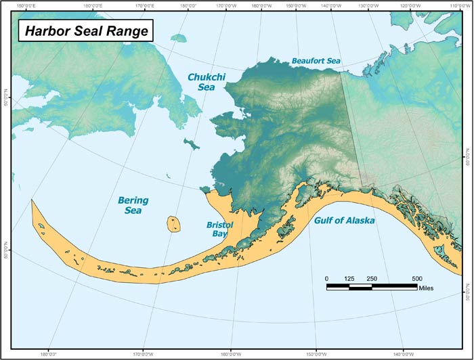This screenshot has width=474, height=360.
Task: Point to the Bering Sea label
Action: click(x=133, y=206)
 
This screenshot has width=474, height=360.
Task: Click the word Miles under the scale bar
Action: click(x=426, y=288)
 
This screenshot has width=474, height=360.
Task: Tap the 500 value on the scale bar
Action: click(x=416, y=278)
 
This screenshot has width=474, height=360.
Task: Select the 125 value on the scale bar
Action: click(x=349, y=278)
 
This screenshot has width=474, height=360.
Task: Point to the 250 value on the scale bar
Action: click(x=372, y=278)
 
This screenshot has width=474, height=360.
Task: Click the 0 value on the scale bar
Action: click(x=326, y=278)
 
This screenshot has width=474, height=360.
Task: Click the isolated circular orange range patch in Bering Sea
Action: click(x=175, y=223)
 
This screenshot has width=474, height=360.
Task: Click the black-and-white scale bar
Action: click(x=372, y=287)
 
